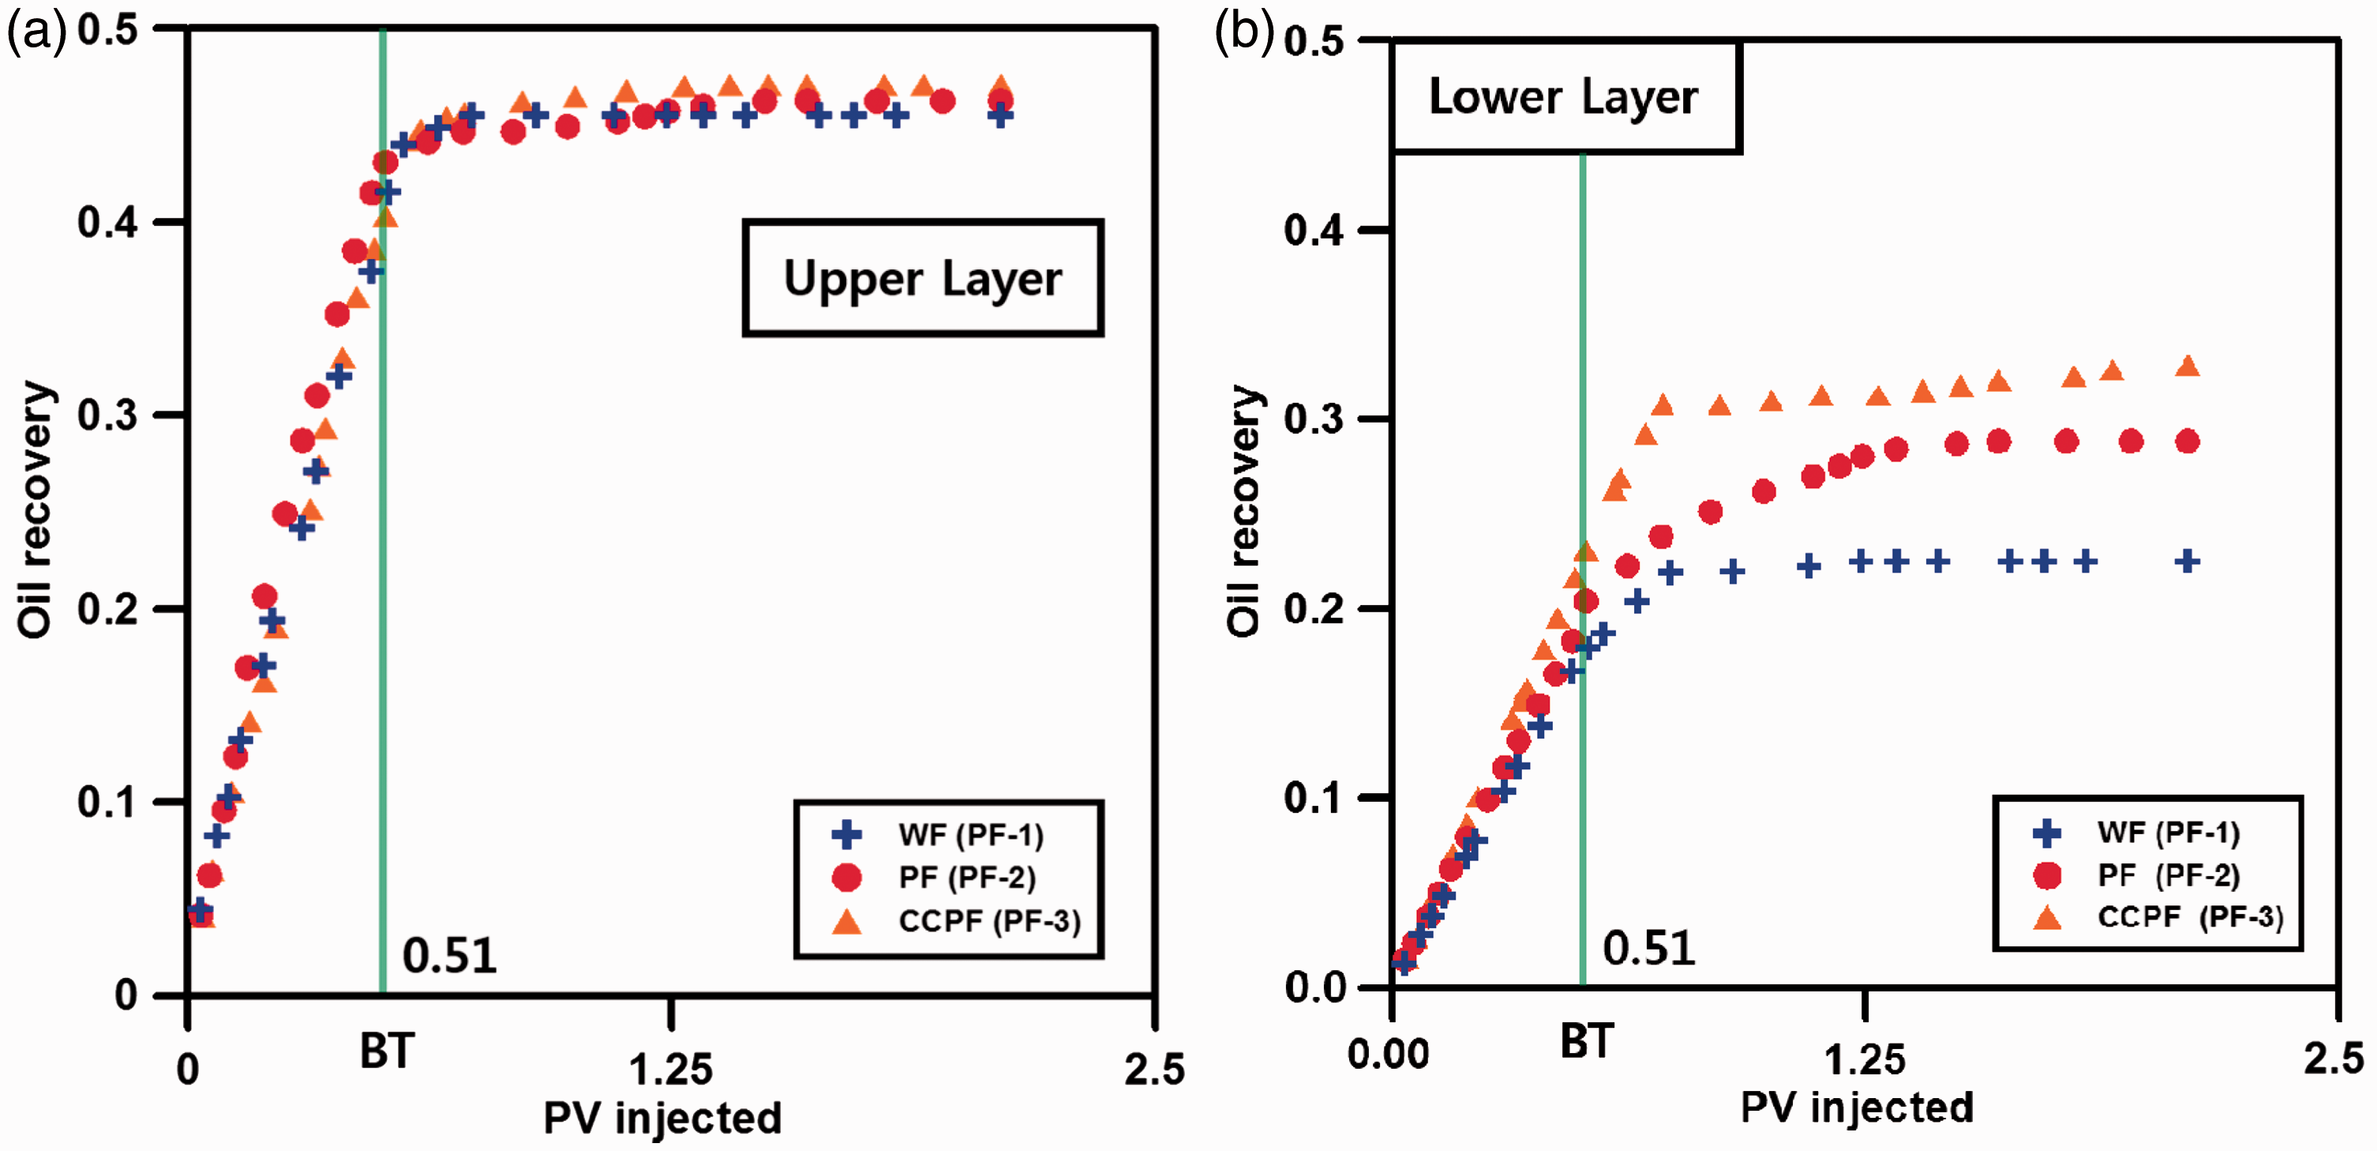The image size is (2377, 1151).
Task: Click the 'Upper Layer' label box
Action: click(x=923, y=278)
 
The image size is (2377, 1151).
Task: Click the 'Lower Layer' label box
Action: click(x=1564, y=96)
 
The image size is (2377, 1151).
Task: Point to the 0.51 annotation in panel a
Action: click(x=449, y=955)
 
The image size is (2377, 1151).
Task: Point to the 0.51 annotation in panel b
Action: click(x=1649, y=948)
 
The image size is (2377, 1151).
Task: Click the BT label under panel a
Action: click(x=387, y=1051)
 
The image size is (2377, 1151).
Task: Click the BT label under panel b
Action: click(x=1587, y=1042)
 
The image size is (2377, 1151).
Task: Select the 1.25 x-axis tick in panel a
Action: click(x=671, y=1070)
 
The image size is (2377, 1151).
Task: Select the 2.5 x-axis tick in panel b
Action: click(x=2334, y=1059)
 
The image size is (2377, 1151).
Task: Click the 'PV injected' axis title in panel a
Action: click(x=662, y=1118)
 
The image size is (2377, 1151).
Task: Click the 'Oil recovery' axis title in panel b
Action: click(x=1245, y=510)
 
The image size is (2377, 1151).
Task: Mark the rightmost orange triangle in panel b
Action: click(x=2187, y=367)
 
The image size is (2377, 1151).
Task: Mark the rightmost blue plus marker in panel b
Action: click(x=2187, y=561)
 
